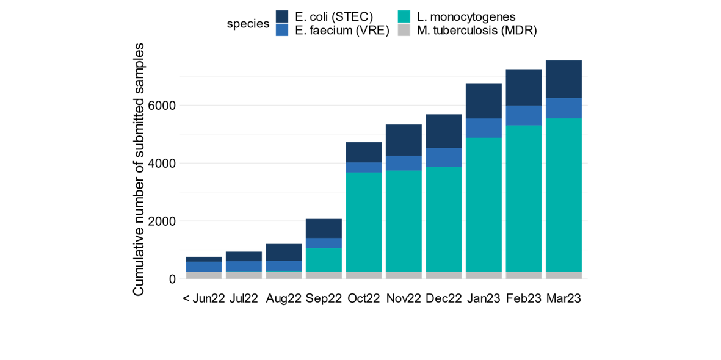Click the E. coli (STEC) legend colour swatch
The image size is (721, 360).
pos(282,16)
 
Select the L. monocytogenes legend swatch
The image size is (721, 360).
pos(404,16)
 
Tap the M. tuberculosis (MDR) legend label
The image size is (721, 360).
pos(477,31)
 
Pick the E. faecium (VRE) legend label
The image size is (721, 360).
pos(342,31)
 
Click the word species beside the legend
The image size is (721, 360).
pos(248,24)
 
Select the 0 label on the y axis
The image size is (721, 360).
pos(172,279)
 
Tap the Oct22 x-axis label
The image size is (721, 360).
pos(364,299)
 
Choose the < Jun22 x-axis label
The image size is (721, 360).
pos(204,299)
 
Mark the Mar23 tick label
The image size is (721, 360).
pos(563,299)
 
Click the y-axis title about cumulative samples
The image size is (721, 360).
pos(139,170)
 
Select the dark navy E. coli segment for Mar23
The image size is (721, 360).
pos(563,79)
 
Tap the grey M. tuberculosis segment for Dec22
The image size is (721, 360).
pos(444,275)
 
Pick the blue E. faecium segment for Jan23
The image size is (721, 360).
pos(484,128)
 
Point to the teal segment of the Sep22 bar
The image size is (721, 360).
pos(324,260)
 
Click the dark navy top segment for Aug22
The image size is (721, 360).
pos(284,253)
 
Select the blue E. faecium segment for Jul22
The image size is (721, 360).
pos(244,267)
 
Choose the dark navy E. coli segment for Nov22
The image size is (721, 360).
pos(404,140)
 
